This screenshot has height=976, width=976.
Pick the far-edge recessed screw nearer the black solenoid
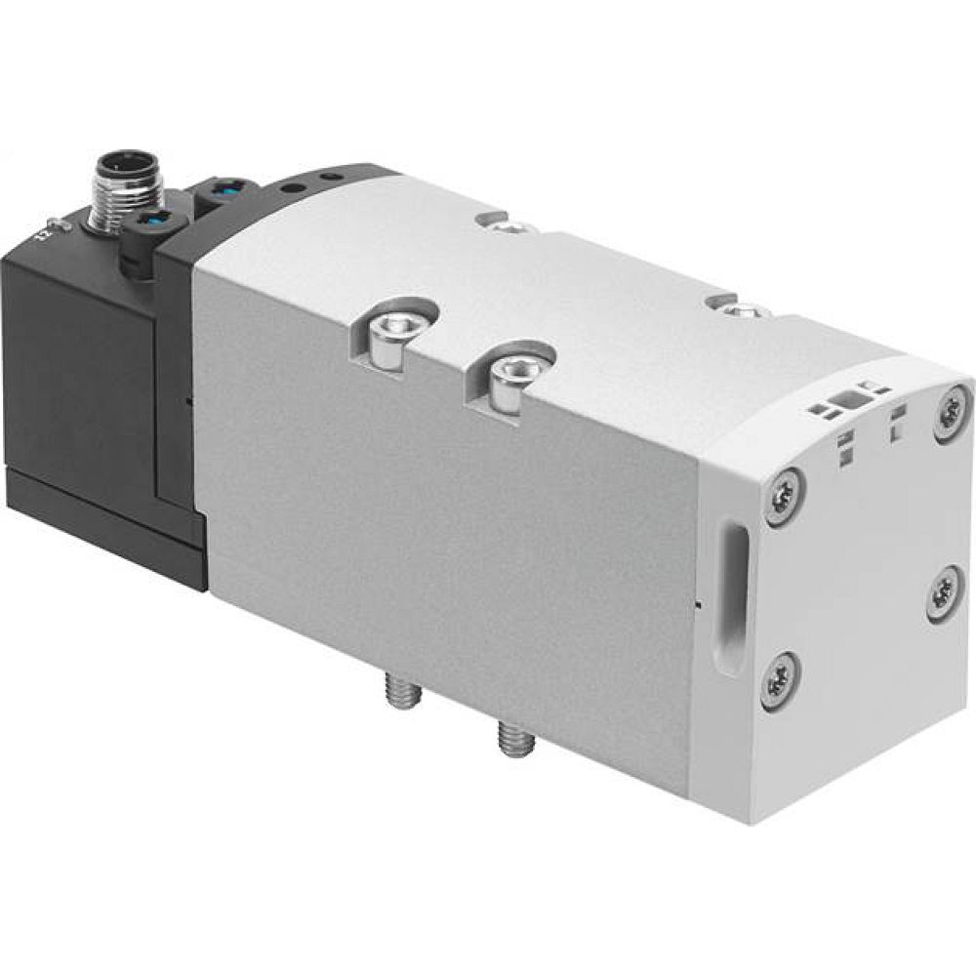pos(504,227)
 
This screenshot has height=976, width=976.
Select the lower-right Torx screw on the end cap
pos(943,593)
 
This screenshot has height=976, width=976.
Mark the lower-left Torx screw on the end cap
pos(778,679)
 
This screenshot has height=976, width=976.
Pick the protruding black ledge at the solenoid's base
pos(107,522)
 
